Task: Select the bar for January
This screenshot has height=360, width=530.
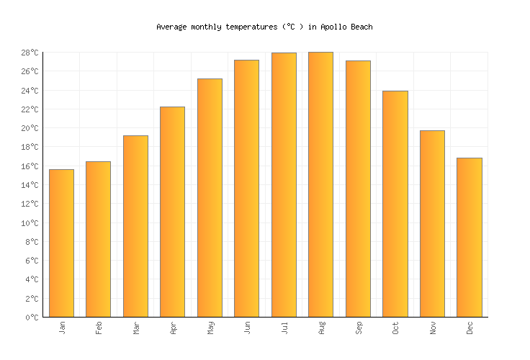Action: [61, 243]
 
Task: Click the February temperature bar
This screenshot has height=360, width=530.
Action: [98, 239]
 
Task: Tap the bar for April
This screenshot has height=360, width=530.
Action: [172, 212]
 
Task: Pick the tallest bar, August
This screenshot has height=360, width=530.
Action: [320, 184]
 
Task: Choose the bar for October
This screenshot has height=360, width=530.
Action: [395, 204]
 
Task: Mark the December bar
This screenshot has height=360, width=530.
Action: [469, 238]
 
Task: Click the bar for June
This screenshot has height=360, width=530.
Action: [246, 189]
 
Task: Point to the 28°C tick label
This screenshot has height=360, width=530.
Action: [30, 53]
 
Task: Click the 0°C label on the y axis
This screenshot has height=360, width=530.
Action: [32, 318]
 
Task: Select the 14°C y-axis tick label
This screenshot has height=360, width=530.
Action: [30, 185]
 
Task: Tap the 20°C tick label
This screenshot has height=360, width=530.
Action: [30, 129]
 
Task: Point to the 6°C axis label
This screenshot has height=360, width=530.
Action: [32, 261]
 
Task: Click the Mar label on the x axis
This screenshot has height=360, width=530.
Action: [135, 328]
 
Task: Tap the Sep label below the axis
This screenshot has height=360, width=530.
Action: [358, 328]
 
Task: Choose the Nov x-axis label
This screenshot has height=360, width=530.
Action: [432, 328]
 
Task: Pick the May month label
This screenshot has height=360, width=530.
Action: [210, 328]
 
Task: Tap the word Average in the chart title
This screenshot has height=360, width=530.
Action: [171, 27]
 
